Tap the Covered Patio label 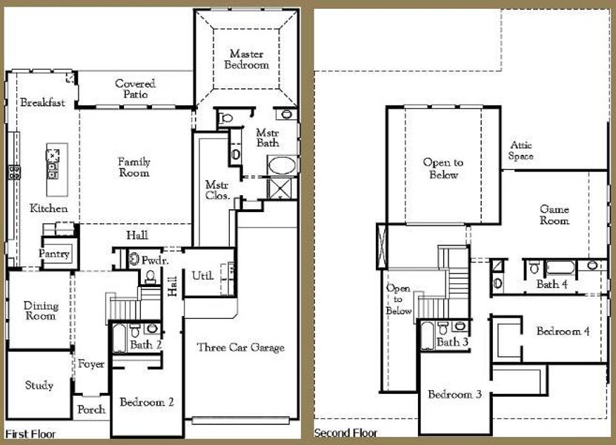[135, 89]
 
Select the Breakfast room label [42, 103]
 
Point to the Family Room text [134, 168]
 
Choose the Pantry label [55, 254]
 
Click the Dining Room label [40, 311]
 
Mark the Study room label [39, 386]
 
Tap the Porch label [92, 409]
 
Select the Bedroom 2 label [147, 403]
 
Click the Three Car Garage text [240, 347]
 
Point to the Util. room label [202, 275]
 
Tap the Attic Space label [520, 151]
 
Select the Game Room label [554, 215]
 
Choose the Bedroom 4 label [563, 331]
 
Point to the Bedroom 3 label [454, 395]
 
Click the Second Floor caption [345, 433]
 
